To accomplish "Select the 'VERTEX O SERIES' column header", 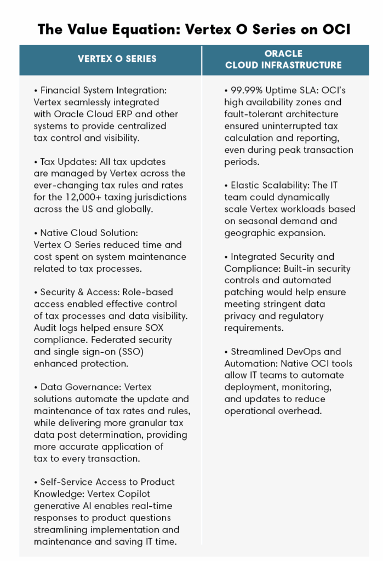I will pos(110,59).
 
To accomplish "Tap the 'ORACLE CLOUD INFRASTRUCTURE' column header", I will pos(283,59).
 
